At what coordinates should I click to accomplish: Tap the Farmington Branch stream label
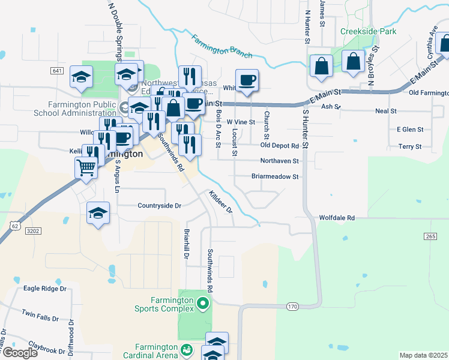[x=222, y=46]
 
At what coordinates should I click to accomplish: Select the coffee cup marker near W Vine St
[x=247, y=81]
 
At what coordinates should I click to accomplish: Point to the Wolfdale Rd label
[x=337, y=218]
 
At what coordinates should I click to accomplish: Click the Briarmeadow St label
[x=275, y=177]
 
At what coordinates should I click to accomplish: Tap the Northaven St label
[x=279, y=161]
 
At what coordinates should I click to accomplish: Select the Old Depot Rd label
[x=279, y=146]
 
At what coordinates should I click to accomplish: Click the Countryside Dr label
[x=159, y=205]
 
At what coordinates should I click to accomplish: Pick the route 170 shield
[x=292, y=307]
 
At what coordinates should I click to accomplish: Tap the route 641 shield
[x=58, y=71]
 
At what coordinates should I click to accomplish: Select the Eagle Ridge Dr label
[x=44, y=289]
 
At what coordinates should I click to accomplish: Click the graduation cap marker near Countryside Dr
[x=98, y=214]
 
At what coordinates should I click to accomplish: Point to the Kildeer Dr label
[x=220, y=202]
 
